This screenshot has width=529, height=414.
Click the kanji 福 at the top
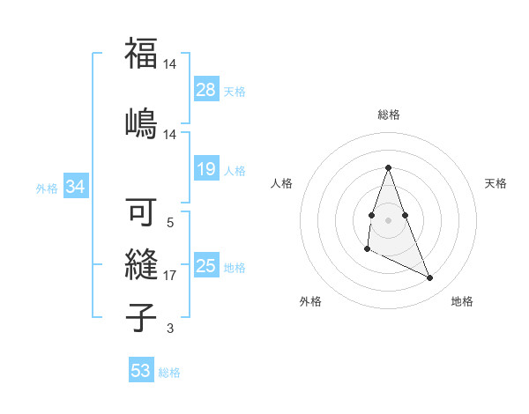(x=141, y=55)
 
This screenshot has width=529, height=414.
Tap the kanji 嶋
(x=141, y=121)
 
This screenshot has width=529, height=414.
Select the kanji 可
(x=141, y=214)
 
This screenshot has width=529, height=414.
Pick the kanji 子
(x=141, y=317)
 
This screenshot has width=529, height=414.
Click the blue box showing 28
(x=206, y=90)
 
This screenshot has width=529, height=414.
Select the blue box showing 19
(x=206, y=169)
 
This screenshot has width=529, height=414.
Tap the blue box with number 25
(x=206, y=266)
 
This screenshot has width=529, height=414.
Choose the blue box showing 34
(x=76, y=187)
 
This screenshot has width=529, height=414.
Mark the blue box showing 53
(x=141, y=371)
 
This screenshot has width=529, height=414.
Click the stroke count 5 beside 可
(x=169, y=224)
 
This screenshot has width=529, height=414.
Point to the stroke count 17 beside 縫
(x=169, y=276)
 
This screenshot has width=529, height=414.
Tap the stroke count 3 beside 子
(x=169, y=329)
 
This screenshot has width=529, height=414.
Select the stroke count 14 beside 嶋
(x=169, y=134)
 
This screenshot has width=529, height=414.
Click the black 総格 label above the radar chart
(x=389, y=115)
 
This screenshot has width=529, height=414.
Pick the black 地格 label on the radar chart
(x=462, y=301)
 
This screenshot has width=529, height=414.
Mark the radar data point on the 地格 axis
(x=430, y=278)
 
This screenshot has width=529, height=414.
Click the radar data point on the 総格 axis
(x=388, y=166)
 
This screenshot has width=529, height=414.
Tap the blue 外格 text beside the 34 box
(x=47, y=188)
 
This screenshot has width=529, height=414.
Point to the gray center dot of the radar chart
(x=388, y=218)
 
